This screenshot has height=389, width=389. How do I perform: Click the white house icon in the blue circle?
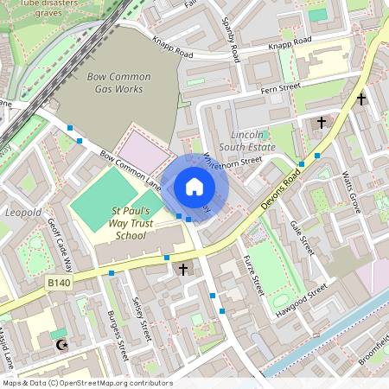pos(194,187)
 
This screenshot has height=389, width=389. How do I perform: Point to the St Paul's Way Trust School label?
pos(131,223)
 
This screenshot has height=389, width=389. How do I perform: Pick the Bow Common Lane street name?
pos(131,171)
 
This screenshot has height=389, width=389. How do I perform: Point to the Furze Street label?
pos(254,278)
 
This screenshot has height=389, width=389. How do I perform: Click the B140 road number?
pos(58,283)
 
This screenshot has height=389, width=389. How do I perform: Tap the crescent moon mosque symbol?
pos(60,345)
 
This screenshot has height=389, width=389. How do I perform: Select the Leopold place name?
pos(23,212)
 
